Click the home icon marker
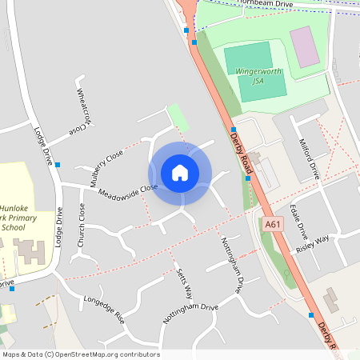180,172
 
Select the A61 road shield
273,226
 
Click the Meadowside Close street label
128,190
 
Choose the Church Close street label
82,223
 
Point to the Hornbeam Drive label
271,5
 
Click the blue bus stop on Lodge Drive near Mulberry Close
58,165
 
